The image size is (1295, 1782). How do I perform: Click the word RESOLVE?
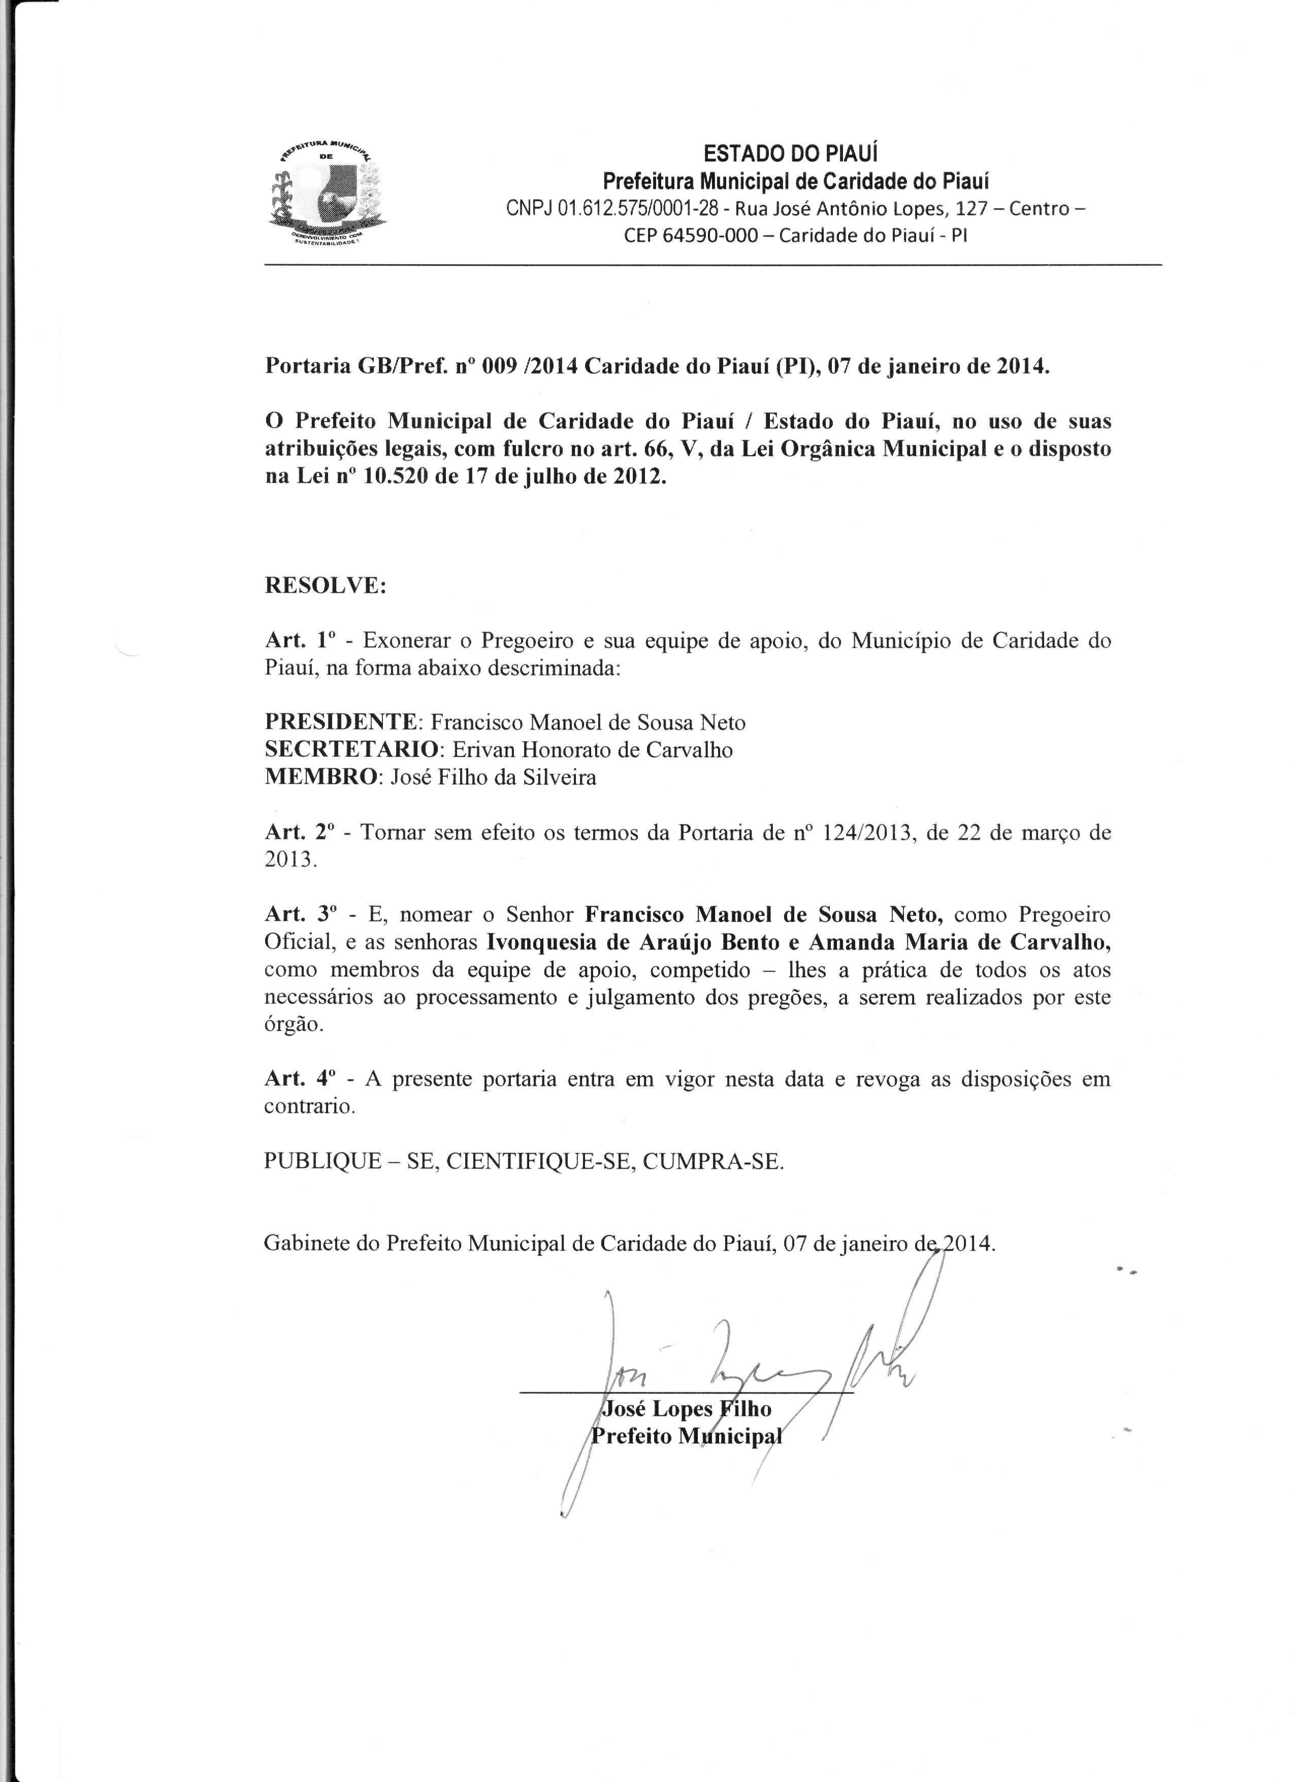point(325,586)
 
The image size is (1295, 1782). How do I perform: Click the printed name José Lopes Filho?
point(686,1409)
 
